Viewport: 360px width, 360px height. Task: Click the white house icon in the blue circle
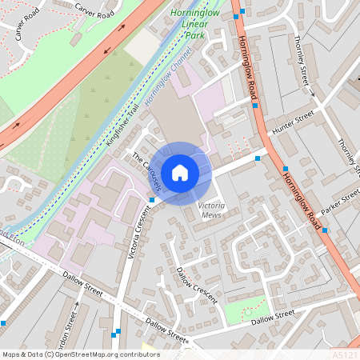click(x=180, y=172)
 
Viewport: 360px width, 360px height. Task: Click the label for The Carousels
click(x=147, y=172)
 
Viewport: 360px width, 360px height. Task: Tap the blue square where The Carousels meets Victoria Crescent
click(x=152, y=199)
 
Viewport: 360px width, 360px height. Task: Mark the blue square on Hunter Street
click(x=258, y=158)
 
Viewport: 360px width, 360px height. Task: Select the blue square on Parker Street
click(x=325, y=230)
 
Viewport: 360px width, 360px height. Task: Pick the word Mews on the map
click(x=211, y=215)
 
